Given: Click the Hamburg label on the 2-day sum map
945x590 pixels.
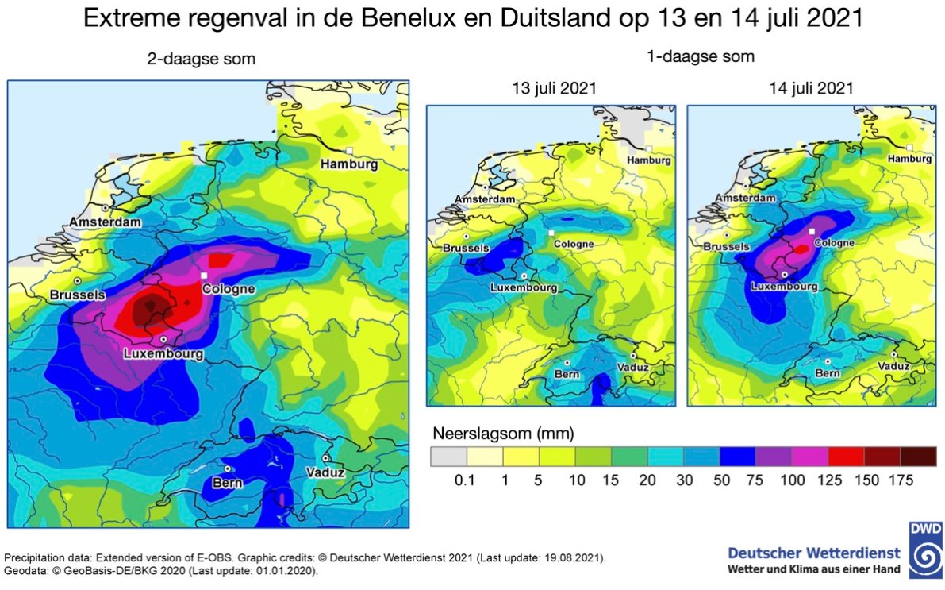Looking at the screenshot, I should (x=348, y=164).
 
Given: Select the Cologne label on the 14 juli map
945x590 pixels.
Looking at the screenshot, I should (x=835, y=243).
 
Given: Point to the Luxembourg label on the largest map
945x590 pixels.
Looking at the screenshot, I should (x=163, y=354).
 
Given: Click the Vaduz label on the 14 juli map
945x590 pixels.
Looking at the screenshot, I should (x=894, y=366).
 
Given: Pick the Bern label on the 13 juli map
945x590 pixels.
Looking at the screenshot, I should (x=567, y=373).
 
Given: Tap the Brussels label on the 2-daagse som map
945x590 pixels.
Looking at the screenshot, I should (x=77, y=295).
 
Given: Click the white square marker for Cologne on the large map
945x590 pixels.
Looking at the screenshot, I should (x=204, y=275).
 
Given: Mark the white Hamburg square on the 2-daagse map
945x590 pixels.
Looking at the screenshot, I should (x=348, y=150).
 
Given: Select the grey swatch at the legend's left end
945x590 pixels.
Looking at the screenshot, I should (x=448, y=456).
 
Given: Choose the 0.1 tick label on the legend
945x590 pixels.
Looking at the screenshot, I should (x=466, y=480).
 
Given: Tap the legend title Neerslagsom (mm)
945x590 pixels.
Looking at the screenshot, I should (x=503, y=434).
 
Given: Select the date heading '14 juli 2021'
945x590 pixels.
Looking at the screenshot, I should (x=810, y=88).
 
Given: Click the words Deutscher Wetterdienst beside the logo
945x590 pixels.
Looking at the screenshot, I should (x=814, y=553).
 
